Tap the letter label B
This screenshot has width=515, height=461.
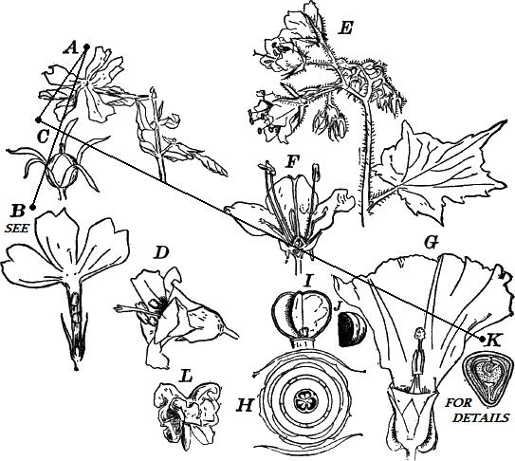(x=17, y=212)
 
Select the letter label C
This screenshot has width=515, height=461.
(x=44, y=137)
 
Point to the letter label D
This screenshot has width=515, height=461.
(x=162, y=253)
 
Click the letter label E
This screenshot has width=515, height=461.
(x=345, y=28)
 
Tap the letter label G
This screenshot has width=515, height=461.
(x=432, y=243)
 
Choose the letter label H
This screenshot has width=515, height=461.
(x=246, y=405)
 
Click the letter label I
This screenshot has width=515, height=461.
(x=307, y=281)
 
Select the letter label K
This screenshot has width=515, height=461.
(x=493, y=341)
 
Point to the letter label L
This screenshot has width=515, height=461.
(x=186, y=377)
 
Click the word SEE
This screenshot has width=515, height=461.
(x=17, y=229)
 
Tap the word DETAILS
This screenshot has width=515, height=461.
(x=482, y=417)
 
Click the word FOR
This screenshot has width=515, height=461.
(x=458, y=403)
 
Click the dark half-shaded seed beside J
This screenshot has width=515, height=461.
(x=351, y=329)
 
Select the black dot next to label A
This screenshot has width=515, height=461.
(x=87, y=46)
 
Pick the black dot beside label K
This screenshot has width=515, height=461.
(x=483, y=340)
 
